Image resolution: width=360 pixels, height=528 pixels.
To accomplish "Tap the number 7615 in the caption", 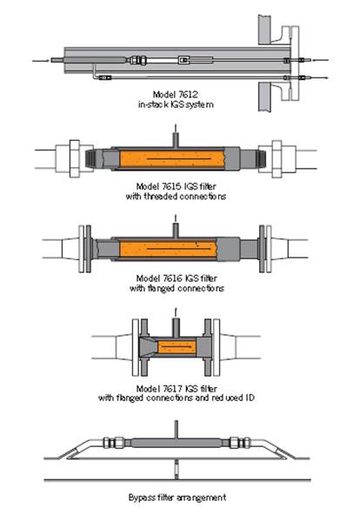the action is (x=172, y=186).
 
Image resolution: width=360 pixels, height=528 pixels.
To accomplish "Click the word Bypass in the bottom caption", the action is (x=142, y=498).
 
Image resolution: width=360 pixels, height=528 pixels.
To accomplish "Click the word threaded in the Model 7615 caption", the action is (x=160, y=196).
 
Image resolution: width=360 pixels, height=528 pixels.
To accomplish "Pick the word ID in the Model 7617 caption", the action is (x=250, y=398).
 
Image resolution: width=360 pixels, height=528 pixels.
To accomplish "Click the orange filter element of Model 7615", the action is (x=172, y=158).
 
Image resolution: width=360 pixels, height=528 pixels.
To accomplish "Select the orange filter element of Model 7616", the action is (x=168, y=249).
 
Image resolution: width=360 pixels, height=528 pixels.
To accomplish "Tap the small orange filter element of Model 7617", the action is (x=177, y=346).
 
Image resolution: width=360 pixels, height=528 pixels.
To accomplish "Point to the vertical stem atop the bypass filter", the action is (x=176, y=430).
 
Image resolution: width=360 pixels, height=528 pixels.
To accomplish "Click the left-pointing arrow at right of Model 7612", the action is (x=321, y=60).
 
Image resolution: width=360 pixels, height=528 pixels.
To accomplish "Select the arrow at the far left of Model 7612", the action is (x=40, y=61).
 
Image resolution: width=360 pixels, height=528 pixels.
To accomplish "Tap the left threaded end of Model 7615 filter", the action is (x=90, y=158).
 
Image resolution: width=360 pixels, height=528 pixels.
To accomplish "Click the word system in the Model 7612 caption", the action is (x=201, y=104).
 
